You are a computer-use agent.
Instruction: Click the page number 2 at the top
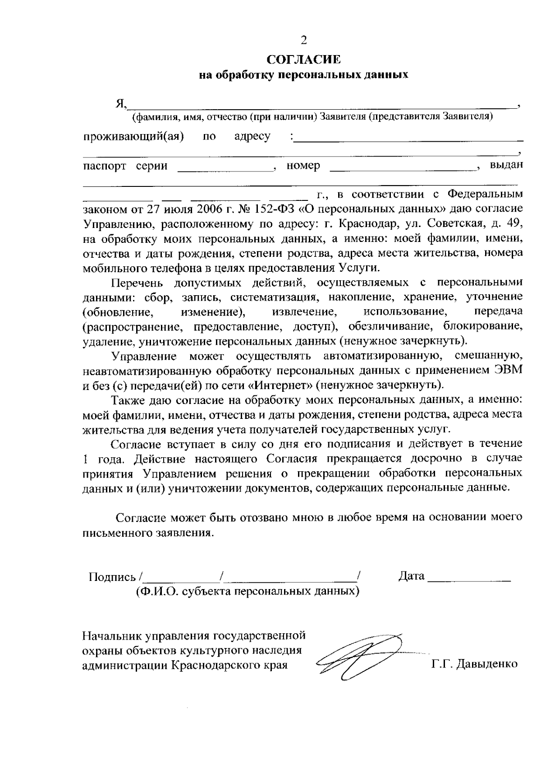tap(303, 41)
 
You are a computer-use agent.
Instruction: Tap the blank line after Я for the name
tap(322, 105)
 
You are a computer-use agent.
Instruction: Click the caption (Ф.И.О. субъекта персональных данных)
tap(248, 591)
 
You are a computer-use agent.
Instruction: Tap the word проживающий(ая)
tap(133, 136)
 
